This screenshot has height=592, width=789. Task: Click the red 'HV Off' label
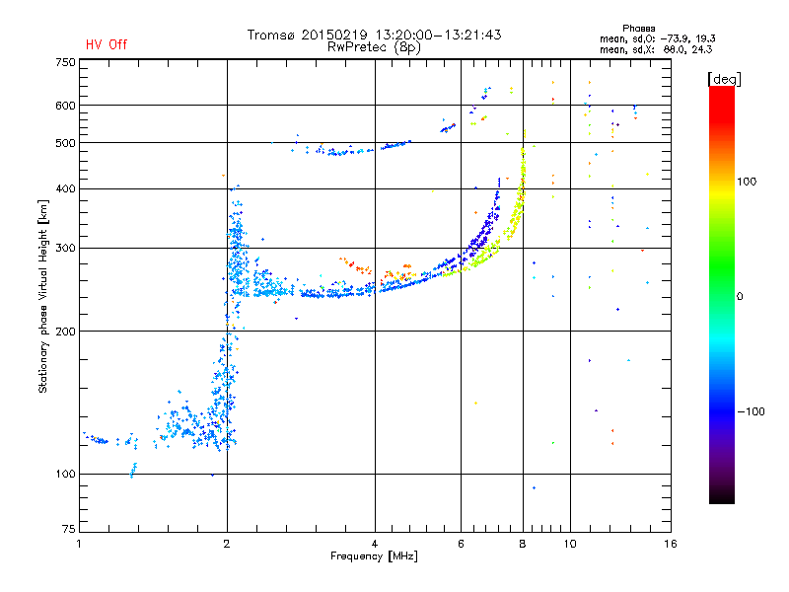[x=107, y=44]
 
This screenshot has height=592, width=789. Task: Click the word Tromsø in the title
[x=270, y=35]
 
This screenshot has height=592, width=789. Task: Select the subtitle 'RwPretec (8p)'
[x=374, y=47]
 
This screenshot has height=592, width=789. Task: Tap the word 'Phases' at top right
[x=638, y=29]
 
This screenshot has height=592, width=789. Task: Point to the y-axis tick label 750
[x=65, y=62]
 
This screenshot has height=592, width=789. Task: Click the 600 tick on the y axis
[x=65, y=106]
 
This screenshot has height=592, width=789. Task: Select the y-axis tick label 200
[x=65, y=332]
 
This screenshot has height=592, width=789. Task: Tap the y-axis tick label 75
[x=69, y=529]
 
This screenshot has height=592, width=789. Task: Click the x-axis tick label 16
[x=671, y=544]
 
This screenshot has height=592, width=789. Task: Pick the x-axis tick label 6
[x=461, y=544]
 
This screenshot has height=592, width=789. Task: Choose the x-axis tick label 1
[x=79, y=544]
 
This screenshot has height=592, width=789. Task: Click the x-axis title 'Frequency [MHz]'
[x=374, y=556]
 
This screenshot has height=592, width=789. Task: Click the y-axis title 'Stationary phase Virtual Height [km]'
[x=42, y=296]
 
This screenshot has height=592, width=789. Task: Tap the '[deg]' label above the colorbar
[x=724, y=79]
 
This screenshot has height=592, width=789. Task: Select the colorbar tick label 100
[x=747, y=182]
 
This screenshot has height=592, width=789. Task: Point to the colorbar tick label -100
[x=752, y=411]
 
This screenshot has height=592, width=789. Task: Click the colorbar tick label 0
[x=740, y=297]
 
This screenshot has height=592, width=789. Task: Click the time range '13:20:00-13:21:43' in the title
[x=438, y=35]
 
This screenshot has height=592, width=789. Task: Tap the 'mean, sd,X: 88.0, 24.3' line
[x=656, y=50]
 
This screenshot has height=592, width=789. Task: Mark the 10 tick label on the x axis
[x=570, y=544]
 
